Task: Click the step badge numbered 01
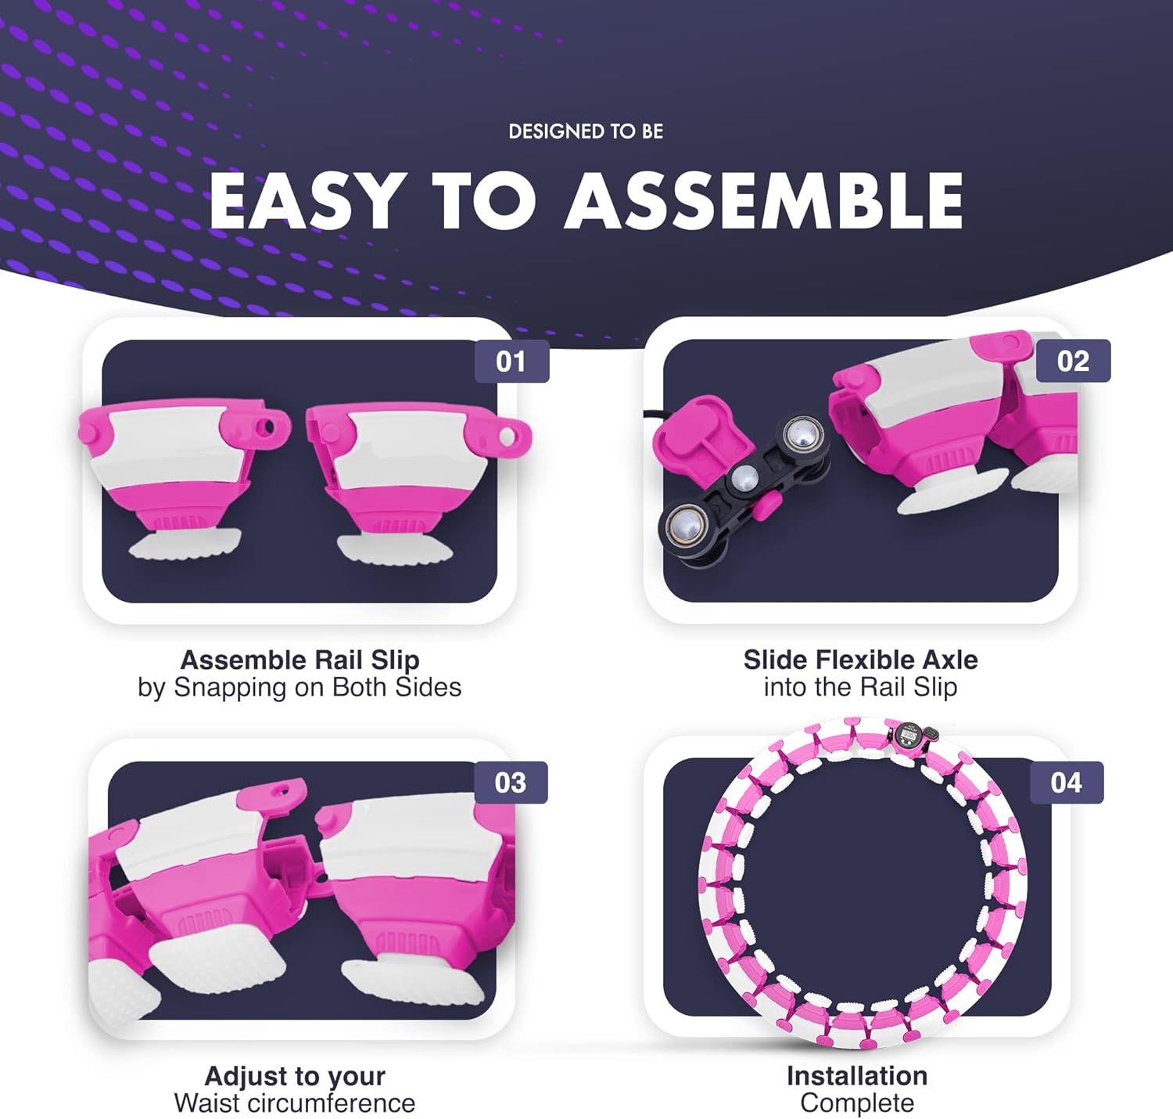(511, 362)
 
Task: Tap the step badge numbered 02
(1073, 361)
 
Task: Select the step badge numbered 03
(510, 783)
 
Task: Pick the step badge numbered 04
(1066, 783)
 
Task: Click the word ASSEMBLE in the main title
(764, 200)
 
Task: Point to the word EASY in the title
(305, 200)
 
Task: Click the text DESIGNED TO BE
(586, 131)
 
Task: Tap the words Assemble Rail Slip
(300, 660)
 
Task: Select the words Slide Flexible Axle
(860, 660)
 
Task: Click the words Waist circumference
(295, 1103)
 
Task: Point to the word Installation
(857, 1076)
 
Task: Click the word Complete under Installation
(857, 1103)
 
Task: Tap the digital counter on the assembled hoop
(909, 735)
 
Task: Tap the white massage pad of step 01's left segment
(185, 545)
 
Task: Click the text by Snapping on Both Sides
(300, 687)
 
